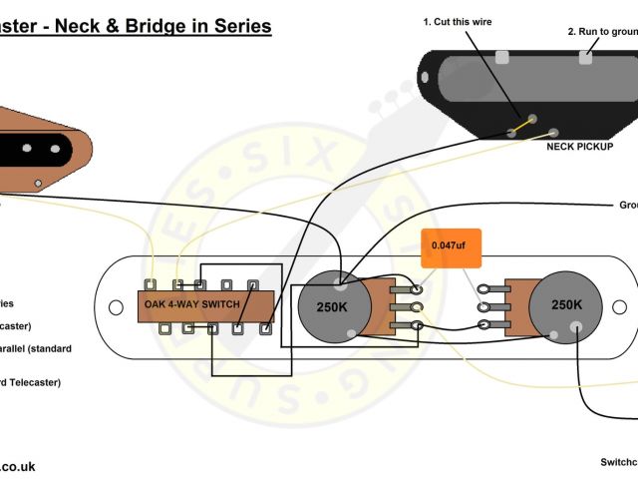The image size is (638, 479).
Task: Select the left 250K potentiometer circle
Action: coord(332,304)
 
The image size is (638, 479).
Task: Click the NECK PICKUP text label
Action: coord(580,147)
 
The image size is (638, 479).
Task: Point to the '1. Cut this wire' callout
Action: coord(458,22)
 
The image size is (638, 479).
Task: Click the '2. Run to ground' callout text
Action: coord(602,31)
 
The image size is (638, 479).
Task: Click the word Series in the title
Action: coord(239,26)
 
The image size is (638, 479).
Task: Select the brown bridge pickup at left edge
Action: coord(45,150)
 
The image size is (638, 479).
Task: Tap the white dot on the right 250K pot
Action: coord(575,326)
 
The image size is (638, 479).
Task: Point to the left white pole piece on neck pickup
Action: coord(503,56)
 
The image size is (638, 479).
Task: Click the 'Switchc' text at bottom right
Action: coord(618,462)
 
